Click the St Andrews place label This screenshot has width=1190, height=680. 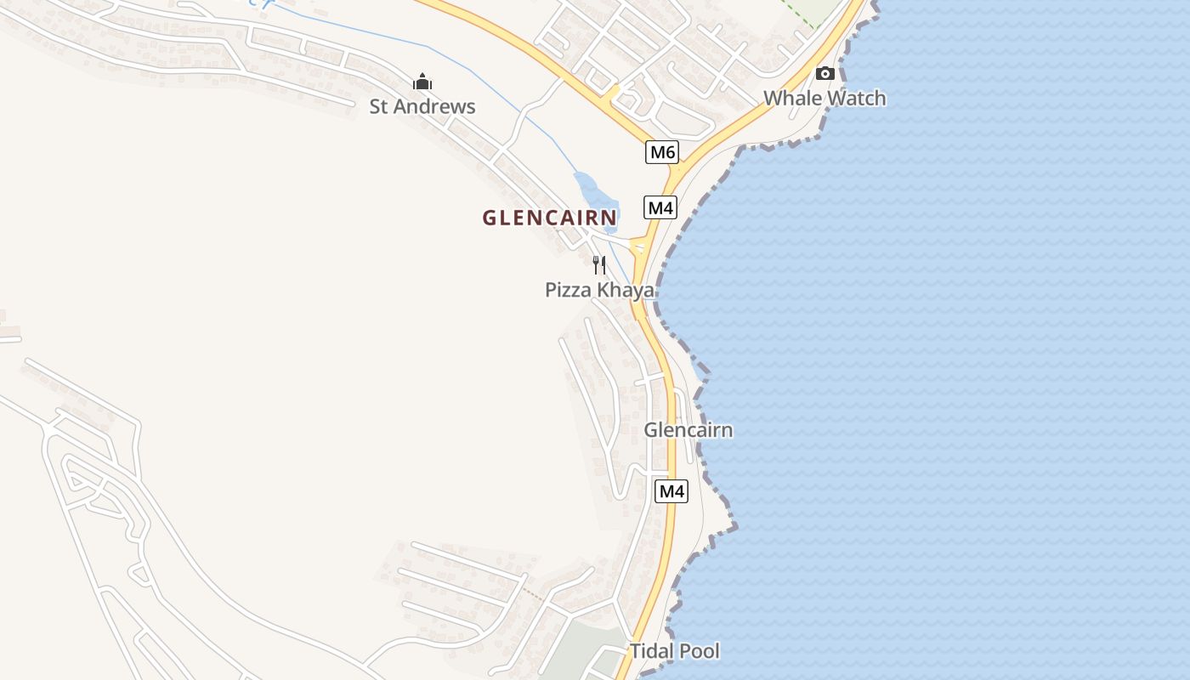[422, 106]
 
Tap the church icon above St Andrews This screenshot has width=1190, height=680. [422, 82]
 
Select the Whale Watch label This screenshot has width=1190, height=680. [824, 98]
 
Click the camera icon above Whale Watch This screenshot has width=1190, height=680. [824, 74]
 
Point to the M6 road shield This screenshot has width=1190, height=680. [662, 152]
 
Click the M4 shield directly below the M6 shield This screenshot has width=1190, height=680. [660, 207]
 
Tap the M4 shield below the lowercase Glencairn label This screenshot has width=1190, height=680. [671, 490]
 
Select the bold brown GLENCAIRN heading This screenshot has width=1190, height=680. [550, 218]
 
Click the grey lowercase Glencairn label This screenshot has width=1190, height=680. [688, 430]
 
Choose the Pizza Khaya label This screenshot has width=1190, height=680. [599, 290]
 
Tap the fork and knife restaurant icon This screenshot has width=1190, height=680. [599, 264]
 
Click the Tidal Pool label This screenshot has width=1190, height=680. [674, 651]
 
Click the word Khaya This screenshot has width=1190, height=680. [626, 290]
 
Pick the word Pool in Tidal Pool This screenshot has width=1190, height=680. [699, 651]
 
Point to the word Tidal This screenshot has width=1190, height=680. [650, 651]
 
